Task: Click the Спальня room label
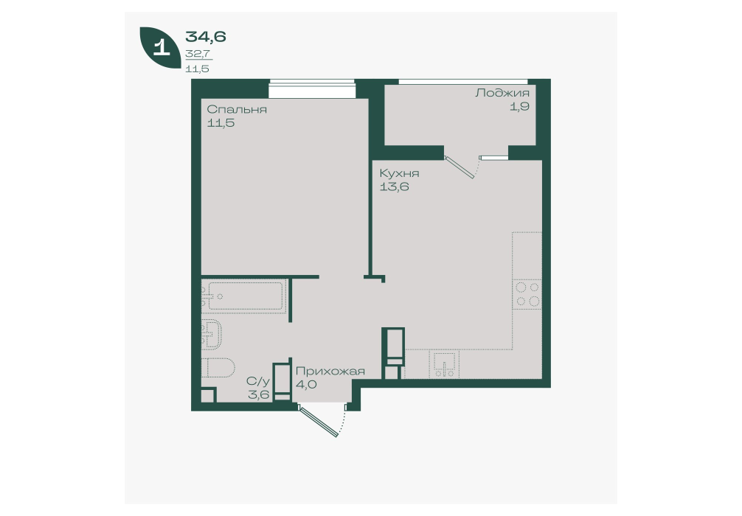coord(237,110)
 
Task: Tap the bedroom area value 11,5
coord(221,123)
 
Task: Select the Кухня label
coord(399,173)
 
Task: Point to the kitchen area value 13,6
coord(394,186)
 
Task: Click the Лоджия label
coord(502,93)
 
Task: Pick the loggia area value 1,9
coord(519,106)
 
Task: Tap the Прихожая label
coord(330,372)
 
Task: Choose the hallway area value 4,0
coord(305,384)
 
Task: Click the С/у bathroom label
coord(258,380)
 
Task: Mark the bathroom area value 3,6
coord(258,394)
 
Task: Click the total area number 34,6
coord(205,36)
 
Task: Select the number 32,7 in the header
coord(198,54)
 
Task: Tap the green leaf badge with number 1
coord(160,47)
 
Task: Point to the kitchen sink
coord(444,364)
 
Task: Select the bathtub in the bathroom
coord(243,296)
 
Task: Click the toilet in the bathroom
coord(218,368)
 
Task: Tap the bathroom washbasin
coord(212,334)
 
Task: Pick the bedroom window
coord(312,89)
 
